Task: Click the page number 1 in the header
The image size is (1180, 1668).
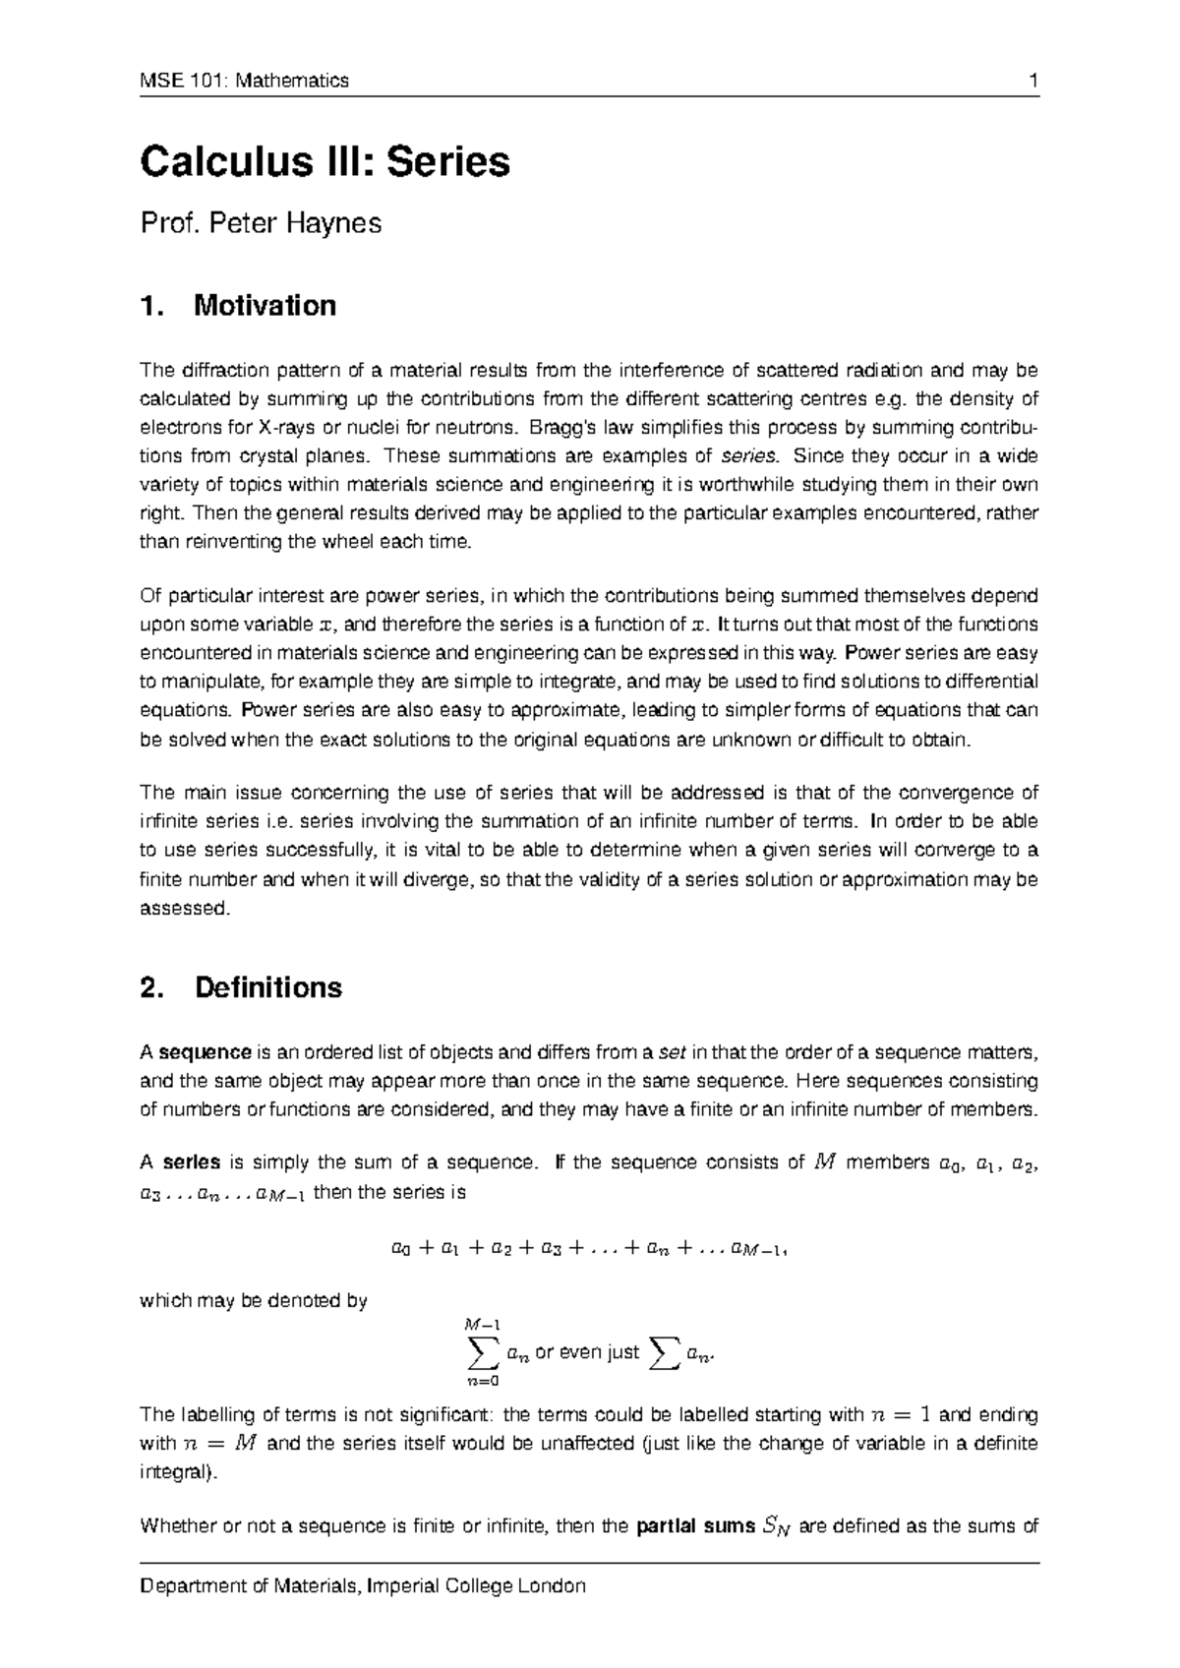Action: (x=1033, y=81)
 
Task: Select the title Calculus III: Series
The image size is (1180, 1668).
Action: (x=325, y=162)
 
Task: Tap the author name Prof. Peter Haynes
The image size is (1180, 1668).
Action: (x=261, y=224)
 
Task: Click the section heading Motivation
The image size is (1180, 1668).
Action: (x=265, y=306)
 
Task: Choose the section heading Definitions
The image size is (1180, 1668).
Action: (x=268, y=987)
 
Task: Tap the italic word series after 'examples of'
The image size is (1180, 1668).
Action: (x=748, y=456)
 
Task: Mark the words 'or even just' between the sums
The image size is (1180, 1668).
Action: (x=586, y=1353)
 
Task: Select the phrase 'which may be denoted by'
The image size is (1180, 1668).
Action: (x=255, y=1301)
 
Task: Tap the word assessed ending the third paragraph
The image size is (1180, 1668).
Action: (x=184, y=908)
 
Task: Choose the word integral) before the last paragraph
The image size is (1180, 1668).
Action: (x=182, y=1473)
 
